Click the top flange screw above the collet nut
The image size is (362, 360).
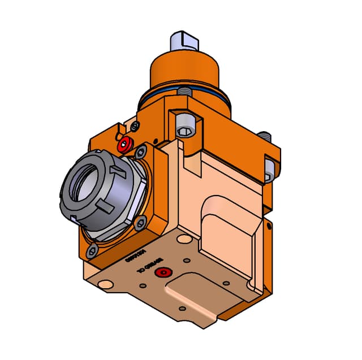click(x=141, y=151)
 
